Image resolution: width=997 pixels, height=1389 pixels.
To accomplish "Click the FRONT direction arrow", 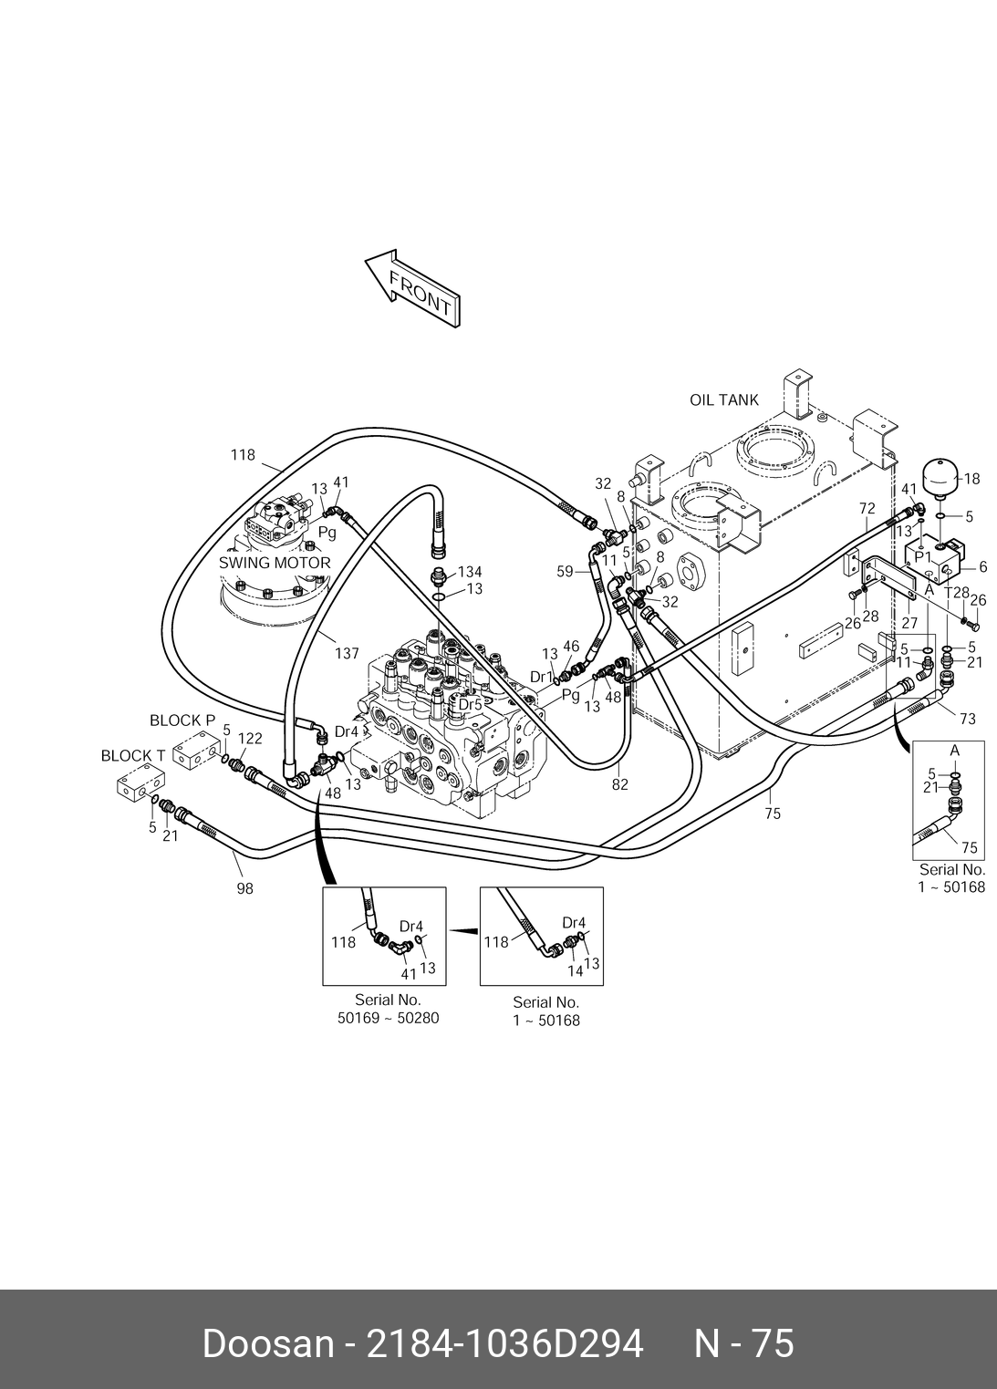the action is [412, 289].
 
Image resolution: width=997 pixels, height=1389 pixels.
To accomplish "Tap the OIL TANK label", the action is [723, 400].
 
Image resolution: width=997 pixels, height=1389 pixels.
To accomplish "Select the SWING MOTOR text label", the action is [275, 563].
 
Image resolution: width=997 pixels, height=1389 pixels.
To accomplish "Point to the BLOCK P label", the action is [182, 720].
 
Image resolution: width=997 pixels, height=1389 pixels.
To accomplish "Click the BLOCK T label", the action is [133, 756].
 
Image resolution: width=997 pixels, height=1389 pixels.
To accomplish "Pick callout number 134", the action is [470, 572].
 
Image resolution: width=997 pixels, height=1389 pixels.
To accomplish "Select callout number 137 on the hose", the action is [348, 653].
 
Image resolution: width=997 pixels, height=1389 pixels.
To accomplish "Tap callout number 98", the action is [244, 888].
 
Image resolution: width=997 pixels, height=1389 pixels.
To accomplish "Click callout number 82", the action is [620, 784].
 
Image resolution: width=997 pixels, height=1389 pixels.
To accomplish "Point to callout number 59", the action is [565, 571].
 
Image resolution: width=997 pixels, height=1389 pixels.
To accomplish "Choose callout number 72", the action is [867, 509].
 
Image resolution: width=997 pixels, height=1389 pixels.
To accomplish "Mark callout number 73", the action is [967, 719].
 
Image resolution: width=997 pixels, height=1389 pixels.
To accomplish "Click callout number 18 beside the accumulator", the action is [971, 479].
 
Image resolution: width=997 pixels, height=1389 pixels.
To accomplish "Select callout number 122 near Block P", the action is [250, 739].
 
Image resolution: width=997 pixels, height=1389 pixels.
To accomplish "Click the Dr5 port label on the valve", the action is [470, 705].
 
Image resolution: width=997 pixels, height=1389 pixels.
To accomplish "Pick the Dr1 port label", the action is [541, 677].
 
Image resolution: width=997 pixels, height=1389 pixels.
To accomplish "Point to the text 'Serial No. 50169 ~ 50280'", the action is [389, 1009].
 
